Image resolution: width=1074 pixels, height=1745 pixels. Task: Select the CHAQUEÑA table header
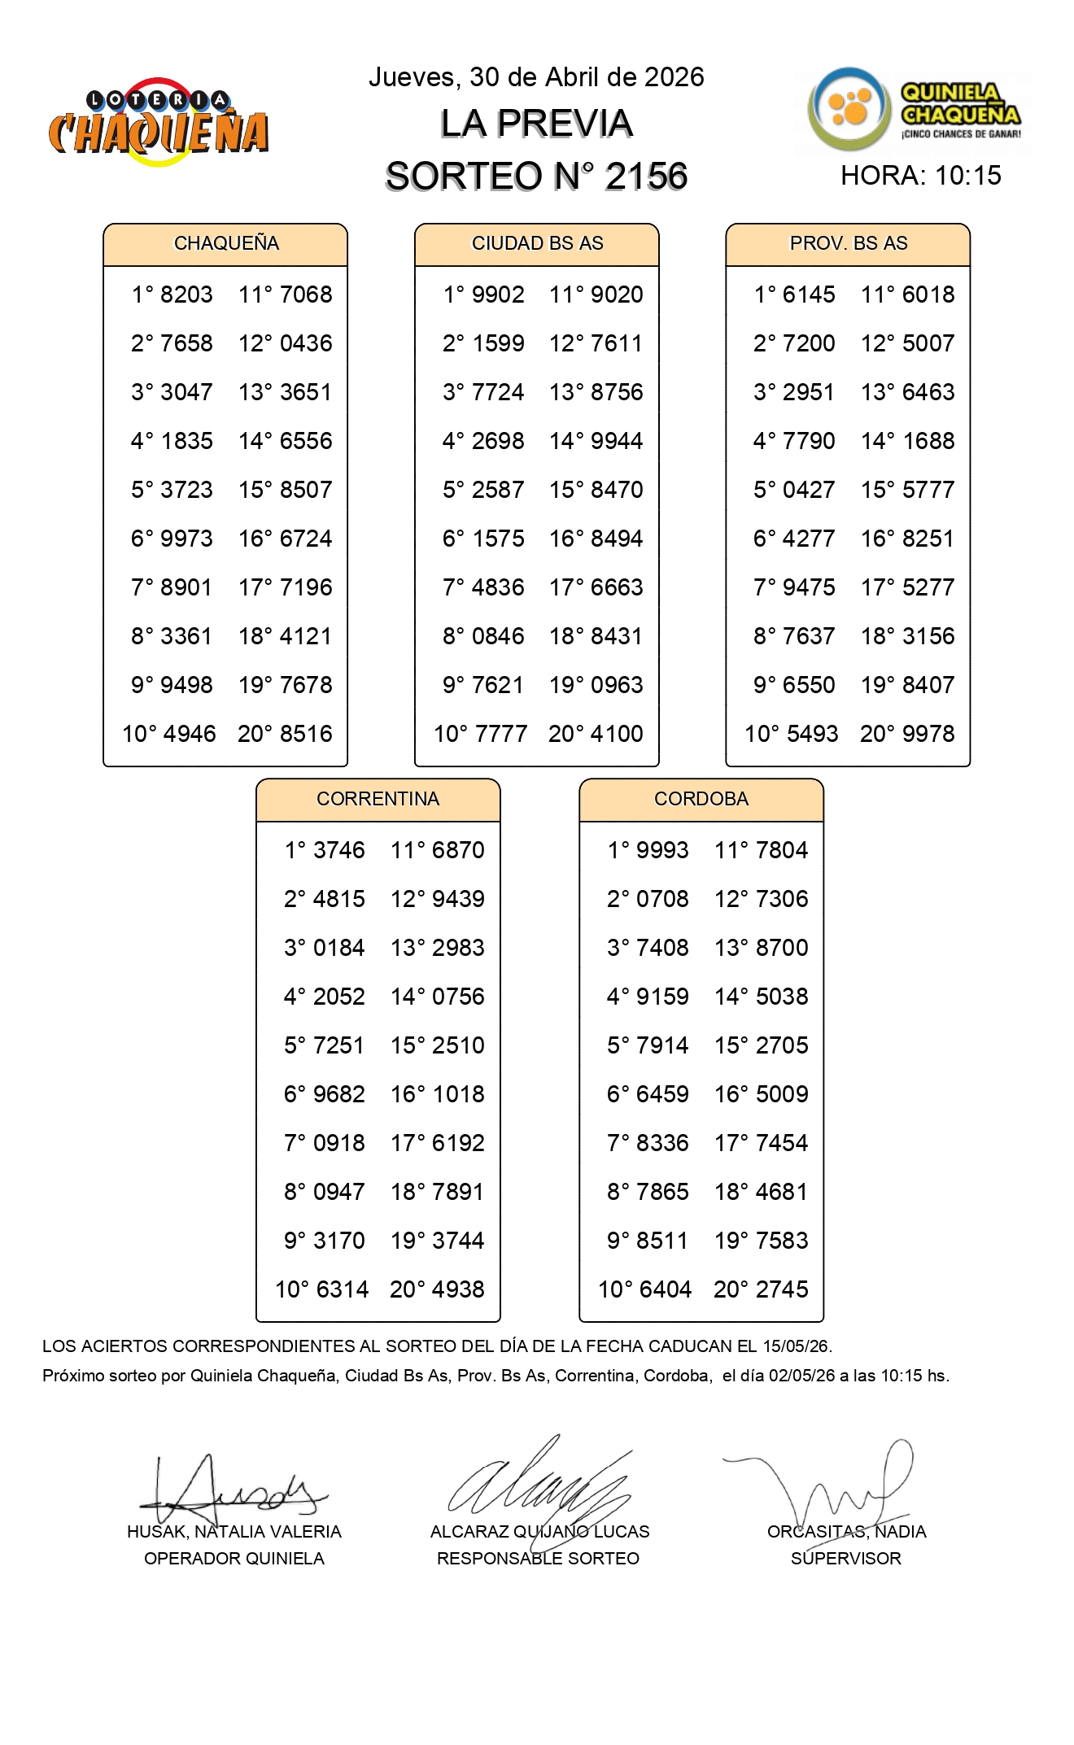[x=226, y=243]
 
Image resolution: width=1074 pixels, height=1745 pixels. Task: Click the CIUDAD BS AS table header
[x=537, y=243]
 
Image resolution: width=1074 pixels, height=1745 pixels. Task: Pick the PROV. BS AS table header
[x=848, y=243]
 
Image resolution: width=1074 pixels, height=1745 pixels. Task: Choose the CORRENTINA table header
[x=378, y=799]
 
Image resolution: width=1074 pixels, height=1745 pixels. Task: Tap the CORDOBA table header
[x=701, y=799]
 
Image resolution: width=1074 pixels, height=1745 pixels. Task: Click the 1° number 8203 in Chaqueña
[x=186, y=294]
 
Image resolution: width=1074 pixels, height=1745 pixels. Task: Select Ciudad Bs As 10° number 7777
[x=497, y=734]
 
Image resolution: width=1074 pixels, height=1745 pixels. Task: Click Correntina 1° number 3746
[x=339, y=850]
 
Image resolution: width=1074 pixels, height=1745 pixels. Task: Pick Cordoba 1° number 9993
[x=662, y=850]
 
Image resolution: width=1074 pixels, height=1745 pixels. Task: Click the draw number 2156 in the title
[x=646, y=177]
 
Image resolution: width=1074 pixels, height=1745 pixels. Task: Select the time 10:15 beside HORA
[x=967, y=176]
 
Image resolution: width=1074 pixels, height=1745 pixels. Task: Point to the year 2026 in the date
[x=674, y=77]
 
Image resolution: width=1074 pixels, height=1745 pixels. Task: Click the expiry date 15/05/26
[x=796, y=1346]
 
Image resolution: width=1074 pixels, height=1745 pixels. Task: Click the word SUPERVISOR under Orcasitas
[x=845, y=1559]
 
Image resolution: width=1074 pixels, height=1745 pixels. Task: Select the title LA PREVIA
[x=536, y=124]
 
